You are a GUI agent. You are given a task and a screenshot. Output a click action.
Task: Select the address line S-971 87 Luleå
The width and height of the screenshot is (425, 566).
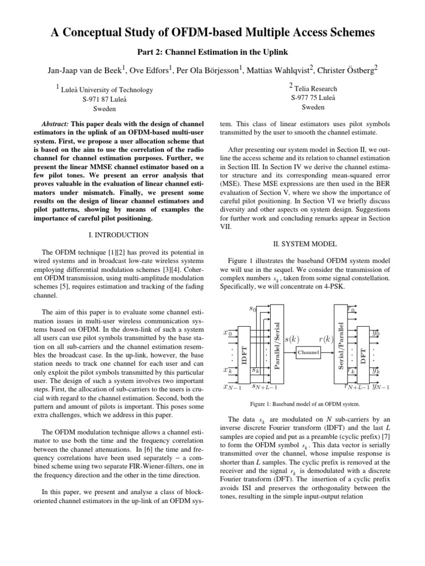pos(101,99)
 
